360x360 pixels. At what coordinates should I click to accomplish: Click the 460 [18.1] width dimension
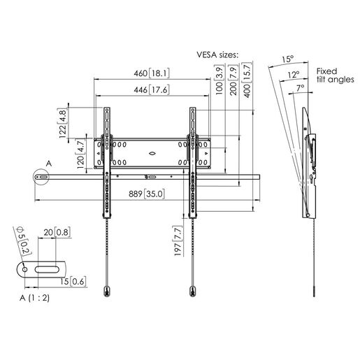pyautogui.click(x=151, y=73)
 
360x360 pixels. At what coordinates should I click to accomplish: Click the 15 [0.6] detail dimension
pyautogui.click(x=74, y=282)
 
